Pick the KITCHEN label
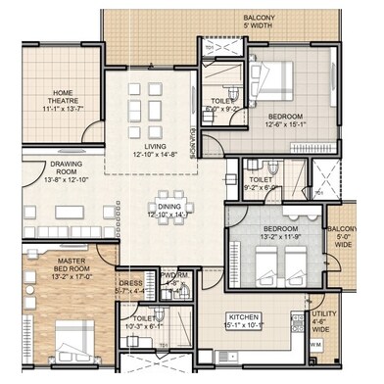[243, 319]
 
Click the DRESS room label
[131, 284]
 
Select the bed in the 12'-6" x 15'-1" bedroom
[268, 72]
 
